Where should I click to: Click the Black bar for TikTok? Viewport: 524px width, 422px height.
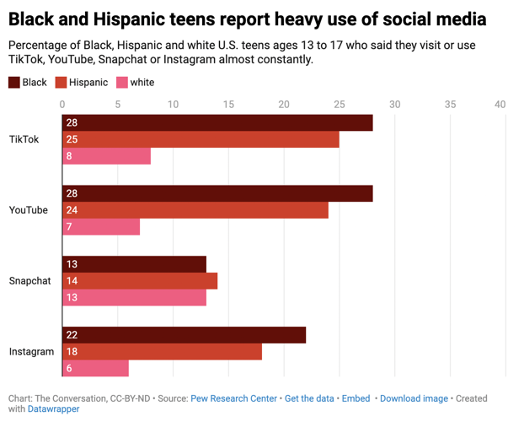pyautogui.click(x=217, y=122)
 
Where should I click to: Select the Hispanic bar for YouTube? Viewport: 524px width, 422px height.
pyautogui.click(x=195, y=210)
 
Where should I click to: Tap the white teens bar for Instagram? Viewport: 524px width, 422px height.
pyautogui.click(x=95, y=368)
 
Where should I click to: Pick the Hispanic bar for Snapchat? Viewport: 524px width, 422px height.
pyautogui.click(x=140, y=281)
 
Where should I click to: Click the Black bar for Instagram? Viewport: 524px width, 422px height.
pyautogui.click(x=184, y=335)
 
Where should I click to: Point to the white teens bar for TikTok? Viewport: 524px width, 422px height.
pyautogui.click(x=106, y=156)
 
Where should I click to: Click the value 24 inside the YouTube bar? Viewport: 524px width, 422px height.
pyautogui.click(x=72, y=210)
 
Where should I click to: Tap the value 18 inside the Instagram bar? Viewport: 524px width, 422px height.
pyautogui.click(x=72, y=352)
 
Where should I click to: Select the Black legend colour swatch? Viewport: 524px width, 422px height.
pyautogui.click(x=14, y=83)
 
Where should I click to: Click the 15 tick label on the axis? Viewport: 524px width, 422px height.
pyautogui.click(x=228, y=104)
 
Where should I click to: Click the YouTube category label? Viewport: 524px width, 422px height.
pyautogui.click(x=28, y=210)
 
